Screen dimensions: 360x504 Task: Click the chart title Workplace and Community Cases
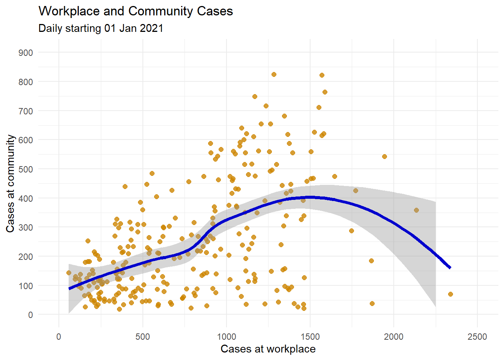coord(135,11)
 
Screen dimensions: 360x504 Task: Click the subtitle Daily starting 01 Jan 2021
coord(100,28)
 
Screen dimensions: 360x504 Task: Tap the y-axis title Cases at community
coord(10,183)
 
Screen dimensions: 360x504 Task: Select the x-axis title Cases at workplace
coord(268,349)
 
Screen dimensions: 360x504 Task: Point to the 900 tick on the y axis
coord(25,53)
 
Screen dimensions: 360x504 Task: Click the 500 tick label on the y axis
coord(25,169)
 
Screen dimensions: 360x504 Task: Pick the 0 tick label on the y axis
coord(30,315)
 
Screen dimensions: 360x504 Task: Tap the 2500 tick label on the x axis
coord(477,337)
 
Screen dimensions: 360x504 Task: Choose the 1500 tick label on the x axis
coord(310,337)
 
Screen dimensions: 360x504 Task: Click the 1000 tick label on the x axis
coord(226,337)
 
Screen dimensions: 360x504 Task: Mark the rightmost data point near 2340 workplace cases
coord(450,294)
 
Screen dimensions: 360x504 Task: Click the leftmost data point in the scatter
coord(69,273)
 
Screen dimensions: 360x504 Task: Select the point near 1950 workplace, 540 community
coord(384,157)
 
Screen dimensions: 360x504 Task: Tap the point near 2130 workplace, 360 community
coord(416,210)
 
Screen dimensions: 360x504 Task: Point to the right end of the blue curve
coord(450,268)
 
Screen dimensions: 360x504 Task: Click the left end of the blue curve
coord(69,288)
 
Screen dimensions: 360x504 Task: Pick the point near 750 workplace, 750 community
coord(255,97)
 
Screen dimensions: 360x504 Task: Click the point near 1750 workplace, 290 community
coord(351,231)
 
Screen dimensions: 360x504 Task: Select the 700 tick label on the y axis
coord(25,111)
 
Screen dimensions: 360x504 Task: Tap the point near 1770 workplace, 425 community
coord(355,191)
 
